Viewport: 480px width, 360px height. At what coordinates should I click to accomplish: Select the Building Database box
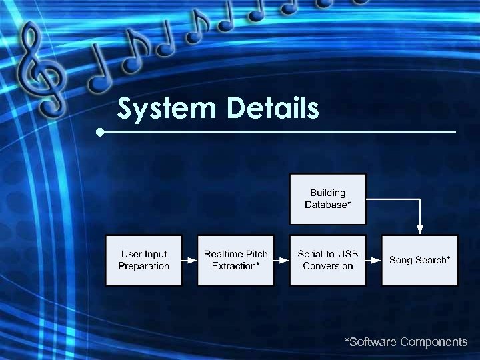point(327,199)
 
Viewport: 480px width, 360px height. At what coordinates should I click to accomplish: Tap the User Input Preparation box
point(144,260)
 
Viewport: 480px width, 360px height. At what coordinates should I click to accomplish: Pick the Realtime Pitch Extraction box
point(235,260)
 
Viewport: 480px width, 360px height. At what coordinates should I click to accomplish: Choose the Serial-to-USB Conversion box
point(327,260)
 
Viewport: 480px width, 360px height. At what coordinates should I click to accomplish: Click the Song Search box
point(419,260)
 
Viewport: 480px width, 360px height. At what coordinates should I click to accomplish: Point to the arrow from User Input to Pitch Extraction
point(189,260)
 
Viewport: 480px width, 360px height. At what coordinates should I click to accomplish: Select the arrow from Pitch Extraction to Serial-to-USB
point(281,260)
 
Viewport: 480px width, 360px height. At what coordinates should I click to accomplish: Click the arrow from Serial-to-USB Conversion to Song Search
point(373,260)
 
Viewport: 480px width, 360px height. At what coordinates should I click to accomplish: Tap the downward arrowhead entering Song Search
point(419,229)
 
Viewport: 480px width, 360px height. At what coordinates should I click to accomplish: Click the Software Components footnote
point(405,342)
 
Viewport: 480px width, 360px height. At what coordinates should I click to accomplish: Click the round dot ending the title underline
point(100,132)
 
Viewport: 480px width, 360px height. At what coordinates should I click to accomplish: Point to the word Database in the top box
point(325,205)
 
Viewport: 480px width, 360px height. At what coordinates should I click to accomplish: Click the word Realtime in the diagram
point(220,254)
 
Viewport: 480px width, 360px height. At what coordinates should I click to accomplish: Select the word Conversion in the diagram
point(327,266)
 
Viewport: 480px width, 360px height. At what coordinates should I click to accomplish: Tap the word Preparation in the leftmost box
point(144,266)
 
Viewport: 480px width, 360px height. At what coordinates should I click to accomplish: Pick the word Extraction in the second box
point(233,266)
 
